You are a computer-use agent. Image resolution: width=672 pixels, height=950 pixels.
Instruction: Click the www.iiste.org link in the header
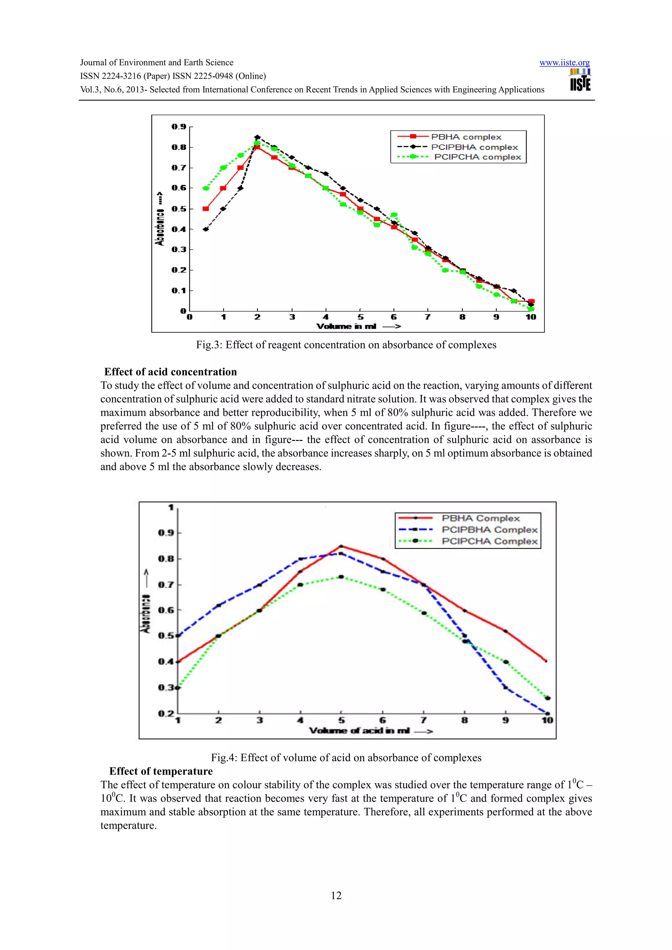click(564, 63)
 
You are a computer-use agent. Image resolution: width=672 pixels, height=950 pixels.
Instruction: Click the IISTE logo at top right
click(580, 80)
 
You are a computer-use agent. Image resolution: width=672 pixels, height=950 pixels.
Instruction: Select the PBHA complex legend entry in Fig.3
click(466, 137)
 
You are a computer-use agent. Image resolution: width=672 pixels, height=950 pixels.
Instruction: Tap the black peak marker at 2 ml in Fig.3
click(257, 137)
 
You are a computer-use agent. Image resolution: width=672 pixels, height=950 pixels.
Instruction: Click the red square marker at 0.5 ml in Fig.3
click(206, 208)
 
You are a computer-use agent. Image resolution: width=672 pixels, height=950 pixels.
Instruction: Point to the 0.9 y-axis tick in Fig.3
click(179, 127)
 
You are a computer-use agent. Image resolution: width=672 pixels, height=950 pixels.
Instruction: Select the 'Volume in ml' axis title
click(346, 327)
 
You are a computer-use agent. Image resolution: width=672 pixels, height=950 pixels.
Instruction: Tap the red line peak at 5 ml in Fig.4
click(341, 546)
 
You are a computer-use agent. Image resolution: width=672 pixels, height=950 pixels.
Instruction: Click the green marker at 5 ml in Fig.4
click(341, 577)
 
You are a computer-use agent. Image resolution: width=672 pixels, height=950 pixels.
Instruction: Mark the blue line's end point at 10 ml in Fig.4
click(547, 713)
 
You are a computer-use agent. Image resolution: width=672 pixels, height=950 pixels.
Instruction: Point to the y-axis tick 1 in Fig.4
click(171, 507)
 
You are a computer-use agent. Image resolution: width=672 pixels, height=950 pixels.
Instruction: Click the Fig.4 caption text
click(346, 758)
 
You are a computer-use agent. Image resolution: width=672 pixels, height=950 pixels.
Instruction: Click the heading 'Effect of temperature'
click(161, 771)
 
